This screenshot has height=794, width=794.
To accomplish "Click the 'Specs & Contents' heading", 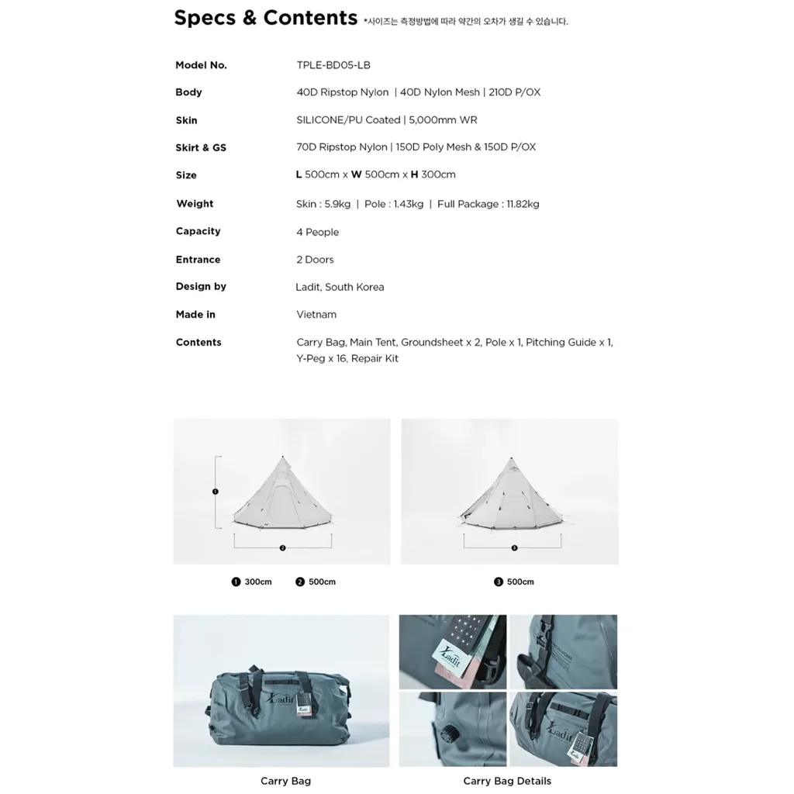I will pos(265,19).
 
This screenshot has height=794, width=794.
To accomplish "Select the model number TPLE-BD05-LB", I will pos(333,65).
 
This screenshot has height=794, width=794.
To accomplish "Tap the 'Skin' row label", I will pos(186,120).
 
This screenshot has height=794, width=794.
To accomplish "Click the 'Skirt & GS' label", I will pos(201,147).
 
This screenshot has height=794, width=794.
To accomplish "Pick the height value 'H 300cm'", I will pos(433,174).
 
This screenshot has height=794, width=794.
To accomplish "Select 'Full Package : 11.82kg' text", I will pos(488,204).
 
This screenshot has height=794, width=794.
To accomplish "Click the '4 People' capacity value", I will pos(317,232).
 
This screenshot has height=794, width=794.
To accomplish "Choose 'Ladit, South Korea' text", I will pos(340,287).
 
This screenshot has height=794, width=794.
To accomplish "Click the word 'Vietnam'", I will pos(316,315).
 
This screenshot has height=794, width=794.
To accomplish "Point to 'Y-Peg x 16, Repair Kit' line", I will pos(347,359).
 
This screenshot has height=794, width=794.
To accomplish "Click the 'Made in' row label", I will pos(195,315).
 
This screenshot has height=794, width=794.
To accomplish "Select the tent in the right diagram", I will pos(509,497).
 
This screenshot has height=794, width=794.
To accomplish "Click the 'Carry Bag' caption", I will pos(285,781).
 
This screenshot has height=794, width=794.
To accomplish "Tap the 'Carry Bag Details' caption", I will pos(507,781).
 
